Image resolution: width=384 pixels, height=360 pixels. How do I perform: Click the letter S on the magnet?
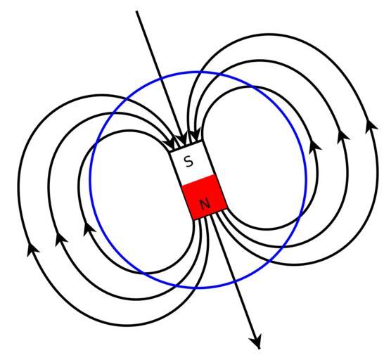pos(188,162)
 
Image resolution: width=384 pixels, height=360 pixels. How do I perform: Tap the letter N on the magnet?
pos(205,204)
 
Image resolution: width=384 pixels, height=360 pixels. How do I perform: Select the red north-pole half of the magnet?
pos(205,197)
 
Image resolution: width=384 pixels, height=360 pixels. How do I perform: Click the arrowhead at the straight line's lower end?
pos(256,342)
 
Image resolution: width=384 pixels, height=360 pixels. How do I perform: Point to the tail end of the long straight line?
pos(137,11)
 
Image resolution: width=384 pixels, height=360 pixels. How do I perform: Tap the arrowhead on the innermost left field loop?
pos(89,229)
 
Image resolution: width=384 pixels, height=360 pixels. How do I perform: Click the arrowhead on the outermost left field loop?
pos(32,250)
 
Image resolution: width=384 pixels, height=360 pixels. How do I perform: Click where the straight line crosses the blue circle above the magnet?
pos(160,78)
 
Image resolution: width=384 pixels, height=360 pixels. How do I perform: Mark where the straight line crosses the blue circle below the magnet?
pos(235,281)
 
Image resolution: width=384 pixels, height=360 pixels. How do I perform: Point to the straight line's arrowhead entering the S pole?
pos(182,139)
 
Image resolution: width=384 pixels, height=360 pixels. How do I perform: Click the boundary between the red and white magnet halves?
pos(198,180)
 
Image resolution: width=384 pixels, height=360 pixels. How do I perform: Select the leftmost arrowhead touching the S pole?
pos(169,144)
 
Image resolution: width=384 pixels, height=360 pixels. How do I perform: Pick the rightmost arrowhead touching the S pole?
pos(196,136)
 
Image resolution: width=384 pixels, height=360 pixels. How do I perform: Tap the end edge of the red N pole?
pos(211,214)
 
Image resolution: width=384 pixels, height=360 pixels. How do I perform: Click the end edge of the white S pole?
pos(186,147)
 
